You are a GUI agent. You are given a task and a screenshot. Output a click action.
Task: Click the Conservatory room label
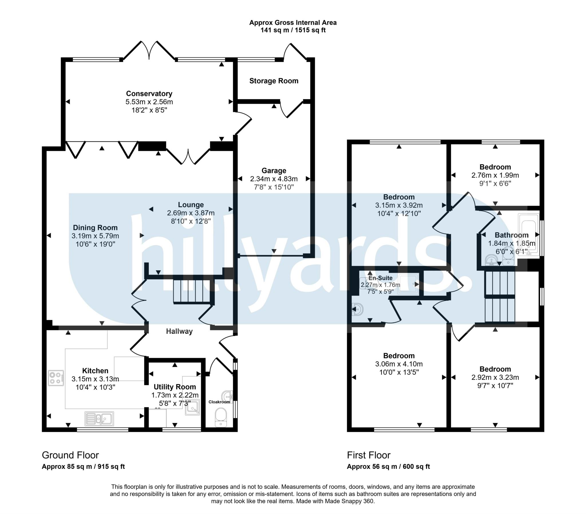(149, 94)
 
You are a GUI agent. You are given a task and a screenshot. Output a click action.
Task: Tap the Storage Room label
(274, 81)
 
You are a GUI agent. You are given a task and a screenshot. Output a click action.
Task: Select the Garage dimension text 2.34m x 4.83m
(274, 179)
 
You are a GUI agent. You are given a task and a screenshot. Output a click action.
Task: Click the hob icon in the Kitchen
(56, 378)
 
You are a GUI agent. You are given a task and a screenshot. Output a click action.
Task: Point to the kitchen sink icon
(99, 419)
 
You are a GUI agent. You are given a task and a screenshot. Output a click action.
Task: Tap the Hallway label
(179, 332)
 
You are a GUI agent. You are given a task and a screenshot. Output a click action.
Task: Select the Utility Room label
(175, 387)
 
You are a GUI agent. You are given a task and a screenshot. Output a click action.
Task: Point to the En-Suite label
(380, 278)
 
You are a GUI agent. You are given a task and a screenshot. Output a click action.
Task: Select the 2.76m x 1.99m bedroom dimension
(495, 175)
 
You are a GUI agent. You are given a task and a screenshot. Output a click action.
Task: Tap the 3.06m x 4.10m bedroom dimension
(399, 364)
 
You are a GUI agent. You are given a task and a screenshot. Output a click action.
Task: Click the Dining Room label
(95, 228)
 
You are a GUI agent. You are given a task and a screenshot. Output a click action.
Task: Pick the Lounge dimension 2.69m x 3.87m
(191, 213)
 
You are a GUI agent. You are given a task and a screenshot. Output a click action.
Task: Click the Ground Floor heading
(70, 455)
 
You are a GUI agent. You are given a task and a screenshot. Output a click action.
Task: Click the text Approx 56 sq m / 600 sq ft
(388, 467)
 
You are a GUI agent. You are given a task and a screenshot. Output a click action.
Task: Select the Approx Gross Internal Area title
(293, 23)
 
